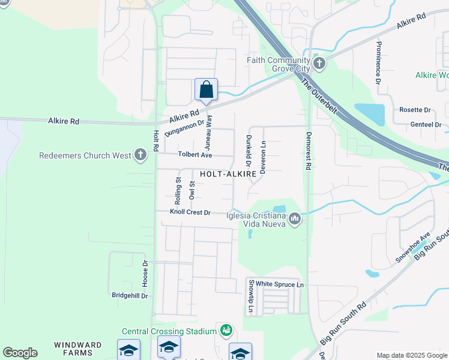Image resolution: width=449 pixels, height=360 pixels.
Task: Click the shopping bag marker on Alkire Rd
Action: [x=206, y=90]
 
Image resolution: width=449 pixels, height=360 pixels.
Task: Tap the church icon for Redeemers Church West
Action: [x=140, y=155]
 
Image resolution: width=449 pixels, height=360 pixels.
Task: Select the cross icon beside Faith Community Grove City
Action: [x=319, y=63]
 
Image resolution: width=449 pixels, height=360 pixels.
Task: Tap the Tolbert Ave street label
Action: [x=195, y=155]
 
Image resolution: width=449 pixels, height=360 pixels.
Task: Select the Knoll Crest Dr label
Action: [x=190, y=212]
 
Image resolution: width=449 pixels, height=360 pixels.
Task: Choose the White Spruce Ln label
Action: [x=280, y=284]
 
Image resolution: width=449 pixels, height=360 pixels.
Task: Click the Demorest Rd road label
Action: [x=309, y=151]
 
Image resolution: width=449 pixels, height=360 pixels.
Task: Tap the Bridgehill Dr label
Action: [x=130, y=295]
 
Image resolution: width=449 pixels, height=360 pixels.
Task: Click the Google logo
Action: [x=20, y=353]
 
